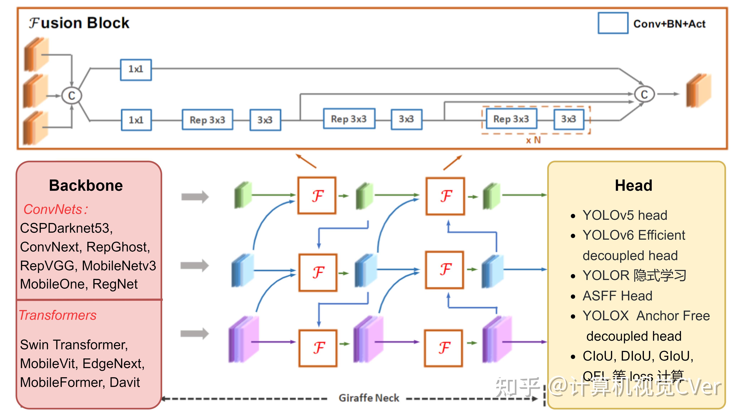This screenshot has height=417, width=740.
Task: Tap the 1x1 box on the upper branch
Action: (x=136, y=69)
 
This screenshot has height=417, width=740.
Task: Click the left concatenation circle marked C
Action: (x=72, y=96)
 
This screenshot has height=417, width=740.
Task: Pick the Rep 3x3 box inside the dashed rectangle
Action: (x=511, y=119)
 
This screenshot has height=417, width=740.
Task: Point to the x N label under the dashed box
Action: (x=533, y=140)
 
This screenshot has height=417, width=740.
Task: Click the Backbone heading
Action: (x=86, y=185)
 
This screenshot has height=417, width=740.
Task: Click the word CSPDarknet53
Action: (x=66, y=228)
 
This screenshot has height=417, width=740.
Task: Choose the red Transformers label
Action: (x=57, y=315)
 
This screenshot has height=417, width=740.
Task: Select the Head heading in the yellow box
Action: (x=633, y=185)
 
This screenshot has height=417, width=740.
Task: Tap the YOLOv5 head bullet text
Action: (x=625, y=215)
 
